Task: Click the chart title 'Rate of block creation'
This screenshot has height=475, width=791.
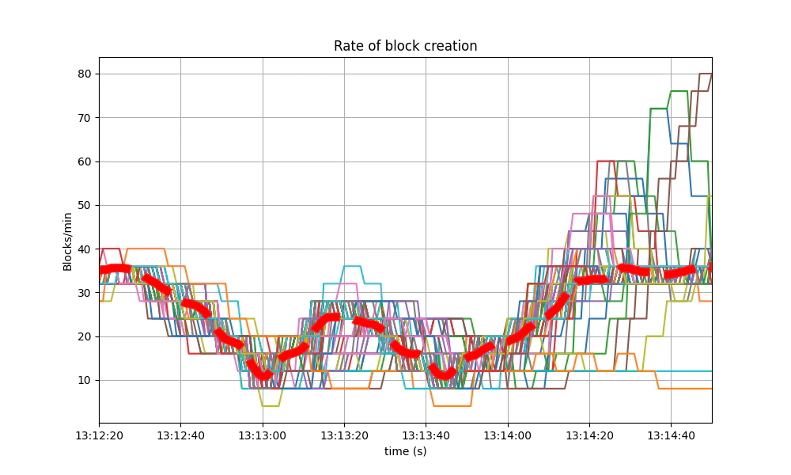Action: [405, 46]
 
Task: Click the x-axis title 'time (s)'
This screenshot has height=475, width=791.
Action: [405, 450]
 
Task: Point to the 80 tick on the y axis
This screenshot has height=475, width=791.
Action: [85, 74]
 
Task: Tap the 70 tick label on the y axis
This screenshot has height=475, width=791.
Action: [85, 118]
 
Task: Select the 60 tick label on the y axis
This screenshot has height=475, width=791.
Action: [85, 161]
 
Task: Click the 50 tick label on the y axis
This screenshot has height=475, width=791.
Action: [85, 205]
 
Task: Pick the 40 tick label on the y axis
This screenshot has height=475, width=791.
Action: [85, 249]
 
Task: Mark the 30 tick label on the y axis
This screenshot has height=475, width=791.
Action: [85, 293]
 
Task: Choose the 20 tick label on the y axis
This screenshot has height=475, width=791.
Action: [85, 336]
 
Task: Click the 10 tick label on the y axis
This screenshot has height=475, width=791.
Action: [85, 380]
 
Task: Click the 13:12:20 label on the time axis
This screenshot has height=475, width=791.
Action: [99, 435]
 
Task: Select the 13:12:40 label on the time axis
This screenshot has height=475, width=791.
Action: [180, 435]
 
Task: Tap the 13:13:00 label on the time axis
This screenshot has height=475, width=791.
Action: [263, 435]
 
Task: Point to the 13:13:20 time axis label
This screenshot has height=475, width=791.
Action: [344, 435]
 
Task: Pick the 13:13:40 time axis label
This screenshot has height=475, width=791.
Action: [426, 435]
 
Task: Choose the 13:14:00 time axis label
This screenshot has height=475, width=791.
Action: [508, 435]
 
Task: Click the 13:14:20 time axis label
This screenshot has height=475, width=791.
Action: [589, 435]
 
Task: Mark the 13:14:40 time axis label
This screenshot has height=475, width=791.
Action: [671, 435]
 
